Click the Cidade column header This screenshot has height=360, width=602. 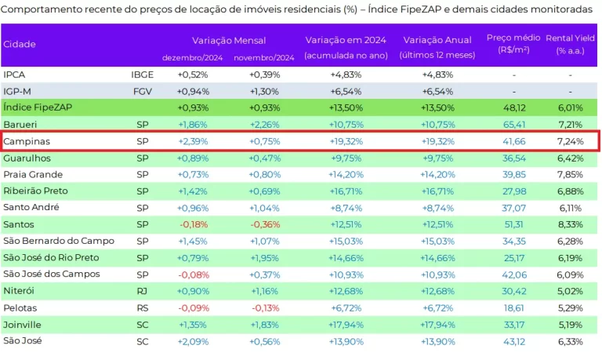click(20, 44)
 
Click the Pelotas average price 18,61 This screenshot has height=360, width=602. click(513, 307)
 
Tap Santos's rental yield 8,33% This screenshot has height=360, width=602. click(569, 224)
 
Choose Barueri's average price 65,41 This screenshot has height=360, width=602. click(513, 125)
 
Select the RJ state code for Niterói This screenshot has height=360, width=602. click(142, 291)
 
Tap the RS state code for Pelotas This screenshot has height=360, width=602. click(142, 307)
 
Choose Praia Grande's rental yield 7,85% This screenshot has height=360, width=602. click(569, 174)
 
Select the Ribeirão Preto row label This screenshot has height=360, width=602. click(35, 191)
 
